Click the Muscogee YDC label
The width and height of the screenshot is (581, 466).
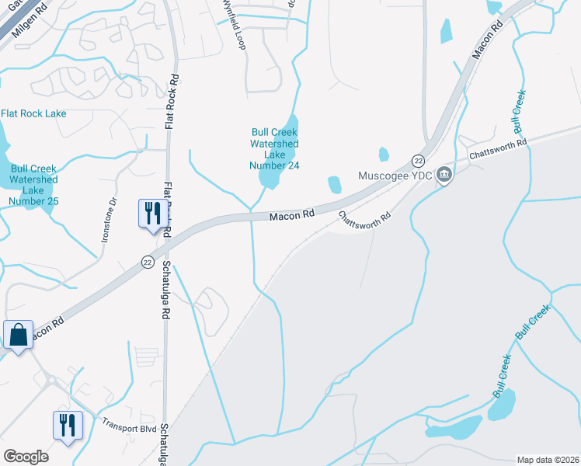pyautogui.click(x=394, y=175)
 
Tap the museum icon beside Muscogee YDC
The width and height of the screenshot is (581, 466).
pyautogui.click(x=444, y=174)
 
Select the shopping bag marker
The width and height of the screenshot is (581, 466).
pyautogui.click(x=18, y=336)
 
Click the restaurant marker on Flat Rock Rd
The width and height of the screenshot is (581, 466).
pyautogui.click(x=151, y=213)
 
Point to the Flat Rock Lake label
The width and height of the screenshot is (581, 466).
pyautogui.click(x=33, y=113)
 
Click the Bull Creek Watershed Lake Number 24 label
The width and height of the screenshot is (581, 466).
pyautogui.click(x=274, y=148)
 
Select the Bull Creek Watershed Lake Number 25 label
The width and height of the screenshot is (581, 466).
pyautogui.click(x=34, y=184)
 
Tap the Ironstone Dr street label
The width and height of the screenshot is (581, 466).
pyautogui.click(x=109, y=220)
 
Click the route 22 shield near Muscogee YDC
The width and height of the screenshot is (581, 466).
pyautogui.click(x=418, y=160)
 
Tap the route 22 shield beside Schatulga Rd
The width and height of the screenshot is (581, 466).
pyautogui.click(x=148, y=263)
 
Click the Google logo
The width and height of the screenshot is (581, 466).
pyautogui.click(x=26, y=457)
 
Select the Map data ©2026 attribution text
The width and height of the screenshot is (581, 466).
pyautogui.click(x=548, y=460)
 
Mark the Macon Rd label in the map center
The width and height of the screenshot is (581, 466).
pyautogui.click(x=291, y=215)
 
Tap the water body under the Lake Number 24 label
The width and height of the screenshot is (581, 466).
pyautogui.click(x=269, y=179)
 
